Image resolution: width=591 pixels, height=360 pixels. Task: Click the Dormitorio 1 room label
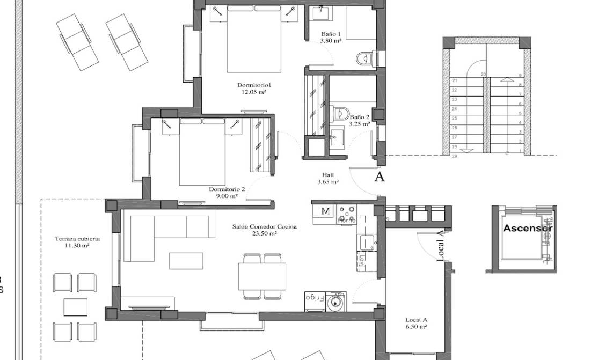tap(254, 85)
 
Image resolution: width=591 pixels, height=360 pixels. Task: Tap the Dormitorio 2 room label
tap(227, 189)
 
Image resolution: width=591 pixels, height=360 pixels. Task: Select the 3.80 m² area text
tap(331, 40)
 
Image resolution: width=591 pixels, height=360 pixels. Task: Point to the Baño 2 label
tap(360, 116)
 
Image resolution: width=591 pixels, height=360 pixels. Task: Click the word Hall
tap(327, 175)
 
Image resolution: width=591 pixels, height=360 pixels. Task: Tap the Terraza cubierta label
tap(73, 239)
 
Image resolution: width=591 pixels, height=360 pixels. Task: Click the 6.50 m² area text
tap(416, 326)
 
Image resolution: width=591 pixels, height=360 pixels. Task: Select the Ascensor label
tap(527, 228)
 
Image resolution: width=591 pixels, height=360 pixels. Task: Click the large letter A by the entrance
tap(379, 178)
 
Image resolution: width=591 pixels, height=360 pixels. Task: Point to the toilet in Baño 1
tap(366, 57)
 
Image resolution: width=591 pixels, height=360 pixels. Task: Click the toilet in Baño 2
tap(339, 113)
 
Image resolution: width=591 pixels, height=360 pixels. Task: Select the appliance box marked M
tap(325, 211)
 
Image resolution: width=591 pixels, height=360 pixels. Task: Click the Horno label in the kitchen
tap(344, 220)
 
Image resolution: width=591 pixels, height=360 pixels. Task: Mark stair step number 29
tap(454, 156)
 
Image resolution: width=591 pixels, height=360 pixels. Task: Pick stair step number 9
tap(520, 76)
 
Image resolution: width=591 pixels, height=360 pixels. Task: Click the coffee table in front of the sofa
tap(186, 261)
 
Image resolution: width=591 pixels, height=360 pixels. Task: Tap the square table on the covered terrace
tap(75, 307)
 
